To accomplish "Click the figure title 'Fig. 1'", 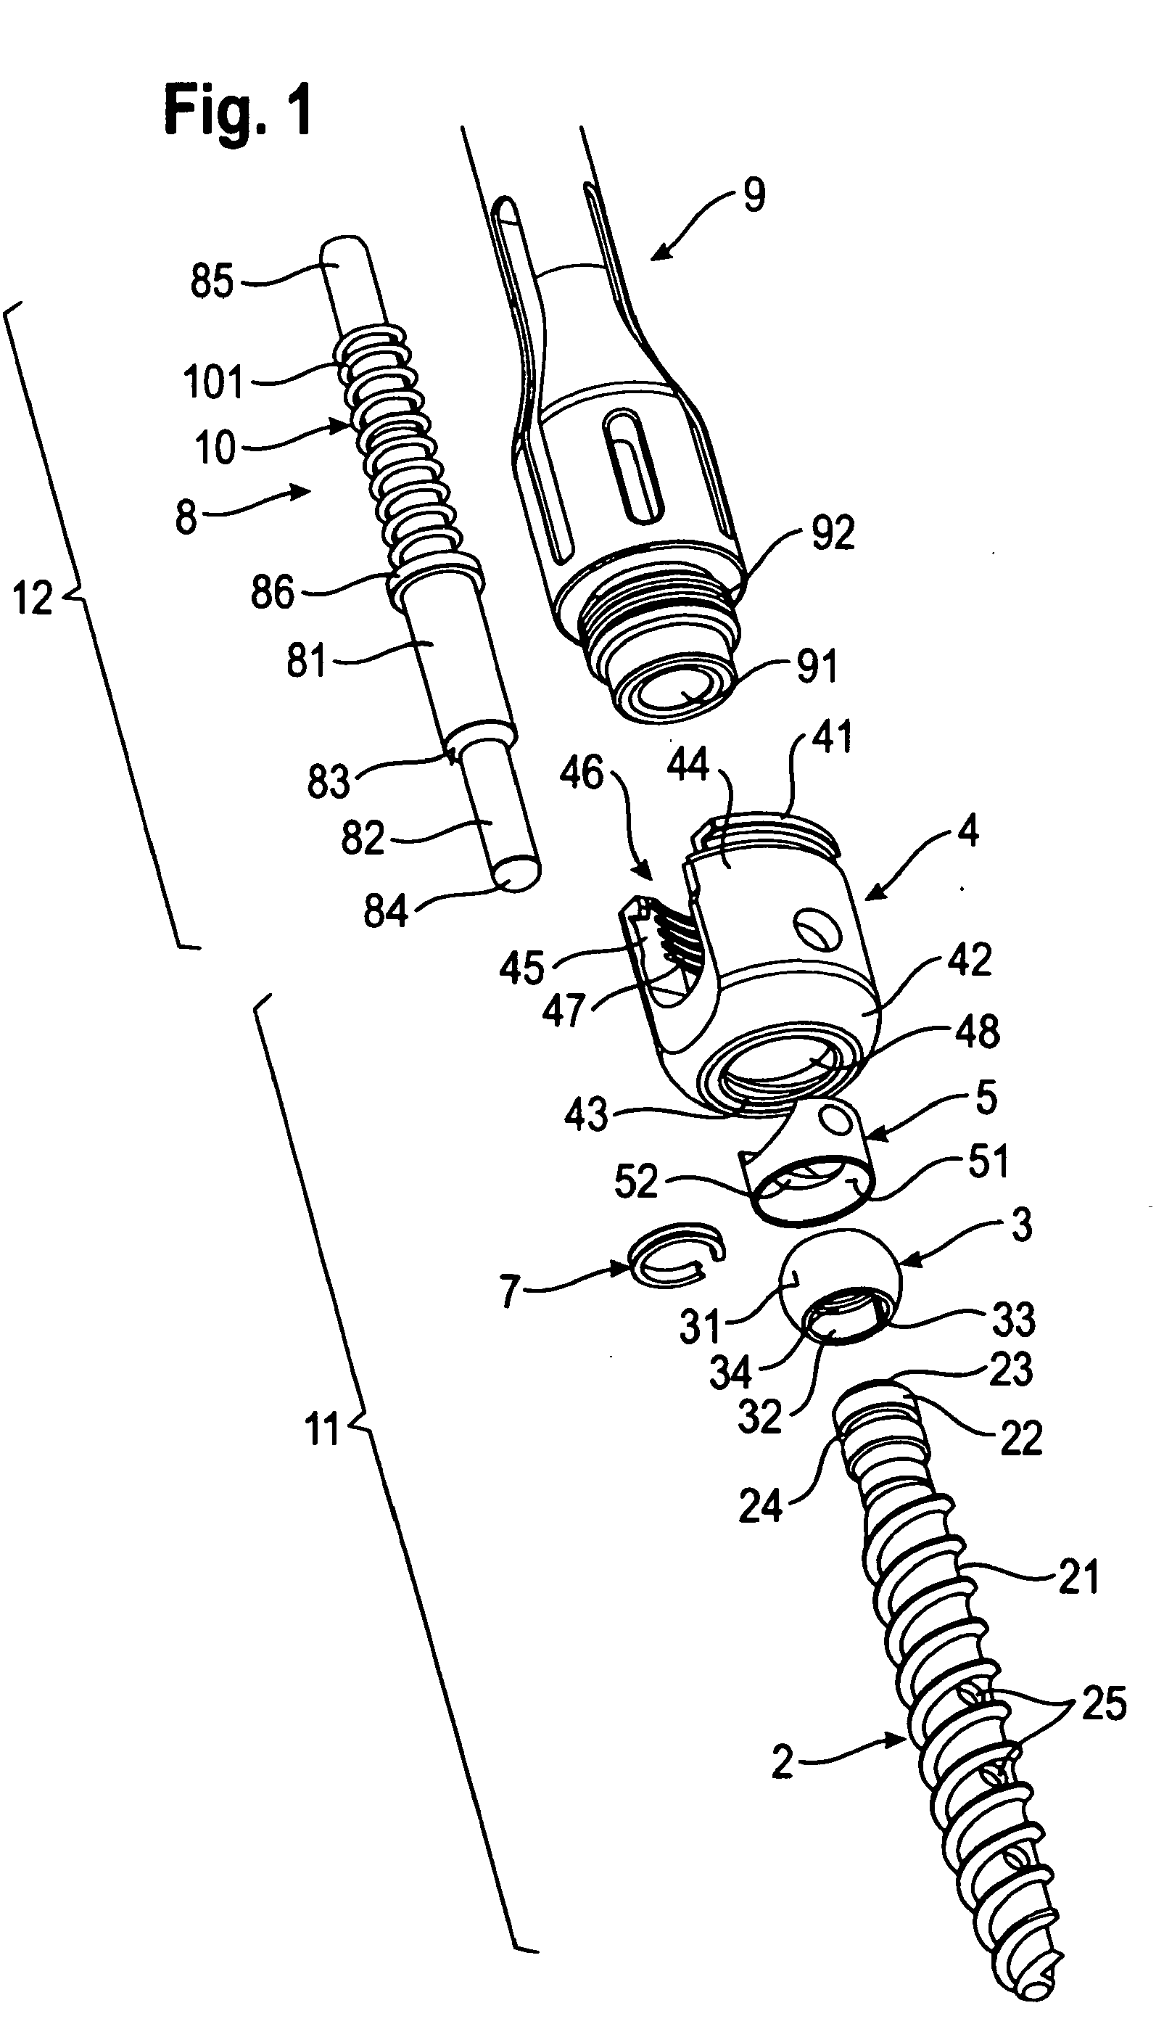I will pos(237,112).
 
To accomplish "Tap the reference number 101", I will pos(212,382).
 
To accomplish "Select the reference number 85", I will pos(211,281).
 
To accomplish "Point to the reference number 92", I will pos(833,532).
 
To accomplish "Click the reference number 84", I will pos(385,911).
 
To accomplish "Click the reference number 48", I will pos(977,1032).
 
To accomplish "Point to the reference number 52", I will pos(635,1181).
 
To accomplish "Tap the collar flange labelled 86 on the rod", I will pos(436,578).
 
